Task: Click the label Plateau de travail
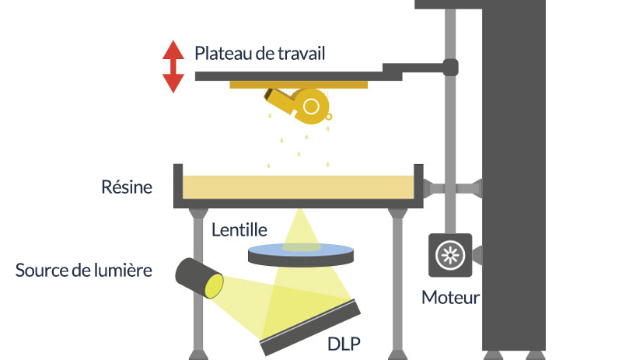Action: tap(260, 53)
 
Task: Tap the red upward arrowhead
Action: tap(173, 50)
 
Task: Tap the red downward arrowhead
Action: tap(173, 83)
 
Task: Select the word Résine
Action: tap(127, 187)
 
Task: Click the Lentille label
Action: tap(239, 229)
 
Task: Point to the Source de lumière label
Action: tap(84, 271)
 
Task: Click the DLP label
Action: tap(344, 344)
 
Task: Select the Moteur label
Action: tap(450, 297)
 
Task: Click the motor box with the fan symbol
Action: tap(450, 255)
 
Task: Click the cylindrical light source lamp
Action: tap(199, 278)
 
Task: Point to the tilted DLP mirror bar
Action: tap(310, 328)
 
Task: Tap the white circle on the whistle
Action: tap(311, 107)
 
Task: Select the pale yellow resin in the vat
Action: tap(299, 187)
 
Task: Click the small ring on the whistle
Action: tap(328, 117)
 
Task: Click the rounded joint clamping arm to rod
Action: tap(450, 68)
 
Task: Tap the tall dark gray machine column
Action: tap(514, 179)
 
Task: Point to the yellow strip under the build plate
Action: tap(299, 85)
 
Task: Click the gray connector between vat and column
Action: tap(453, 187)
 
